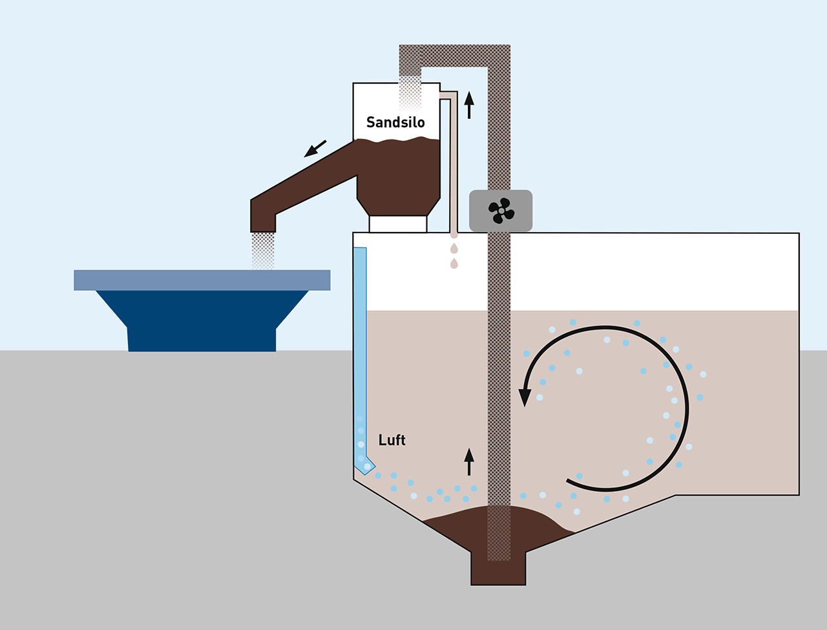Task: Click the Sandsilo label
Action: (395, 122)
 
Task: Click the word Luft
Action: (392, 440)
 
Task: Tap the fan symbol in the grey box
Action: (501, 211)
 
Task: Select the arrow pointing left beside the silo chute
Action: (315, 149)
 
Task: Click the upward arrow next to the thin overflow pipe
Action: (469, 105)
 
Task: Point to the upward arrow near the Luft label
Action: (469, 461)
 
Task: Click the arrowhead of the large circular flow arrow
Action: (525, 395)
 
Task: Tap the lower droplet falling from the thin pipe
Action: (454, 263)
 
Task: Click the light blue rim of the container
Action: (202, 280)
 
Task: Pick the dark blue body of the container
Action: (202, 320)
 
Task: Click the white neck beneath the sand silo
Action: (398, 224)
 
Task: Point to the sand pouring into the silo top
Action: (410, 94)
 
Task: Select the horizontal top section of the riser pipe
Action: (452, 56)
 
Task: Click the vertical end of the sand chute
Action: (263, 216)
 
